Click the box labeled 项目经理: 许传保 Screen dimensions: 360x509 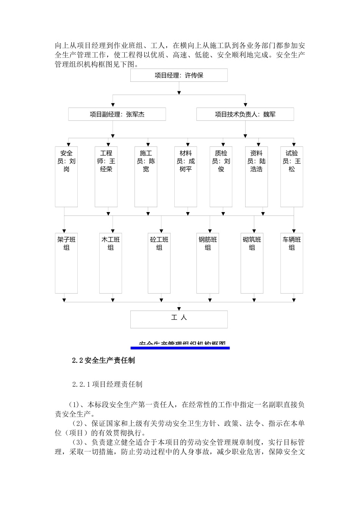click(179, 75)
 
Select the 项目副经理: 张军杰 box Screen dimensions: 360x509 click(117, 114)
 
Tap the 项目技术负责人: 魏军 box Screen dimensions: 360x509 click(245, 114)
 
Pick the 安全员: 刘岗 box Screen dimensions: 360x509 click(66, 176)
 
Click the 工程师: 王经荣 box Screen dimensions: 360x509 click(106, 176)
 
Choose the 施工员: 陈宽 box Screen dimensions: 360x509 click(146, 176)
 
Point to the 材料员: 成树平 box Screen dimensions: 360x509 click(186, 176)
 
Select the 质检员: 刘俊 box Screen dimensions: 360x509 click(221, 176)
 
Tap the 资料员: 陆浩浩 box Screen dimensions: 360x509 click(257, 176)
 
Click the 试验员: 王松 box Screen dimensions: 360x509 click(292, 176)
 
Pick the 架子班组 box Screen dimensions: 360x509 click(66, 263)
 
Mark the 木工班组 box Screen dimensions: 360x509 click(111, 263)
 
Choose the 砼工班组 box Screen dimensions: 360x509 click(159, 263)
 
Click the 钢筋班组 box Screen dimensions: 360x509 click(208, 263)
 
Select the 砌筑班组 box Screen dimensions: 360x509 click(252, 263)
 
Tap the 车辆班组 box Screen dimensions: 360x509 click(292, 263)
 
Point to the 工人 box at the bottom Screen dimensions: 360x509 click(179, 319)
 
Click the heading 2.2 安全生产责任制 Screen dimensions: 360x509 click(103, 361)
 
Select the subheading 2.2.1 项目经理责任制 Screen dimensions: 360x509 click(107, 384)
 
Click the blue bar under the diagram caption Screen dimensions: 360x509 click(180, 348)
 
